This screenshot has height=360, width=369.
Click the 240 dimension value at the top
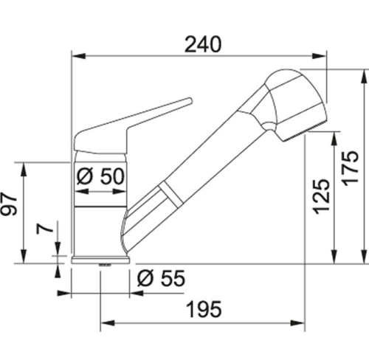(x=203, y=44)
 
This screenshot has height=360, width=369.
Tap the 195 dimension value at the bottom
(x=204, y=309)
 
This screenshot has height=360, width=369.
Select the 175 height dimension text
(x=351, y=168)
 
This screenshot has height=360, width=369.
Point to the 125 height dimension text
(x=321, y=196)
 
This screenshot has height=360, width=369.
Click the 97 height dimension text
(x=9, y=204)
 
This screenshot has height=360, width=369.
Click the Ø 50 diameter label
(x=100, y=176)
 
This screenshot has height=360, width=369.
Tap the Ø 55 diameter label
(x=161, y=278)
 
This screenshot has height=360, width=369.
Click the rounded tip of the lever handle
(x=190, y=101)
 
